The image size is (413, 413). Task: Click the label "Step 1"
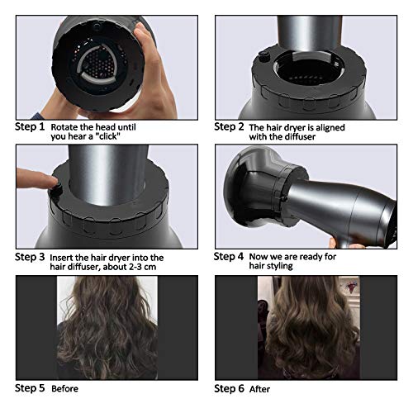pos(30,127)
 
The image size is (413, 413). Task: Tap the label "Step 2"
pos(230,126)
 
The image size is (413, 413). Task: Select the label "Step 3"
pos(30,257)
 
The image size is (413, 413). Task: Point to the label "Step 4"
pos(230,257)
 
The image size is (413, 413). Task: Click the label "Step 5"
pos(30,387)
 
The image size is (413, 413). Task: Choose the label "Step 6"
pos(230,387)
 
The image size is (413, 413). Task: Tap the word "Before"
pos(69,387)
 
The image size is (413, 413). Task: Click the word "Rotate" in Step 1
pos(67,127)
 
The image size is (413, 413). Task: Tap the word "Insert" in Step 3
pos(65,257)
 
